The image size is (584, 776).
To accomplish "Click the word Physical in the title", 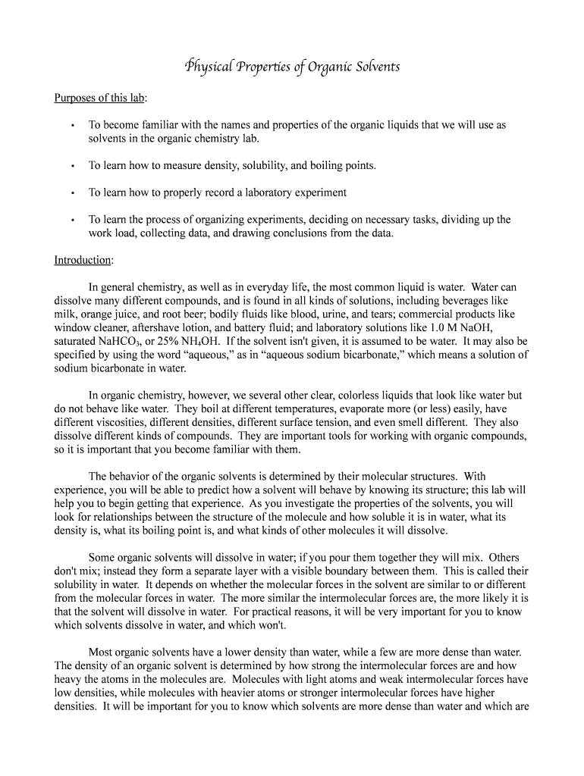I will [x=206, y=67].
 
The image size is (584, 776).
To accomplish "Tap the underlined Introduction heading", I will [x=83, y=260].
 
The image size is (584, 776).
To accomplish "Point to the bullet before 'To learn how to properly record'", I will [x=71, y=193].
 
